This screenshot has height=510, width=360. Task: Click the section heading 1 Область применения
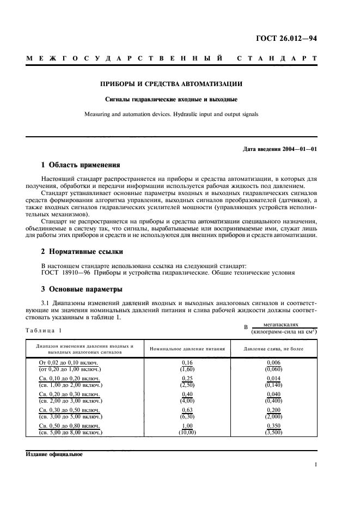(x=81, y=165)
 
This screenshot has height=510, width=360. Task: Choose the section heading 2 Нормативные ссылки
(x=82, y=252)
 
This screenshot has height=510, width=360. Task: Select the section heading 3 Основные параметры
(x=82, y=289)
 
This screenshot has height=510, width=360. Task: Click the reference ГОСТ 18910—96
(x=63, y=273)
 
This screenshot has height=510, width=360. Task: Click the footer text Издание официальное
(x=54, y=454)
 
